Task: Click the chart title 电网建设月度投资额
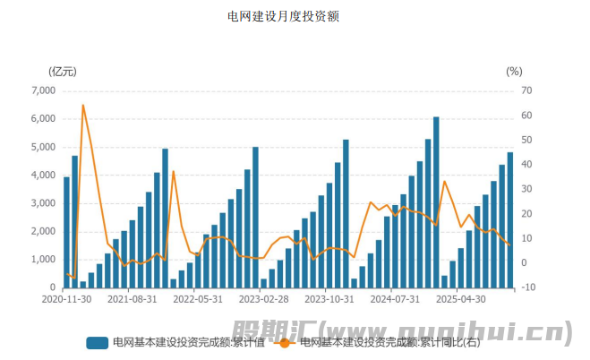[x=282, y=16]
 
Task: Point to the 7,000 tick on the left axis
[x=43, y=90]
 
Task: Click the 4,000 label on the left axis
[x=43, y=176]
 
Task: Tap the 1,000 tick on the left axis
[x=43, y=260]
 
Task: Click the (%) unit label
[x=513, y=71]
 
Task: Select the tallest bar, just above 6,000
[x=436, y=201]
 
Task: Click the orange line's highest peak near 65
[x=83, y=106]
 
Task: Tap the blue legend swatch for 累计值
[x=98, y=342]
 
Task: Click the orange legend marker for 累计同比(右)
[x=285, y=342]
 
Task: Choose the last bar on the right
[x=510, y=219]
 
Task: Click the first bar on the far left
[x=66, y=232]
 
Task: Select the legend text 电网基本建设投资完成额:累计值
[x=188, y=342]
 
